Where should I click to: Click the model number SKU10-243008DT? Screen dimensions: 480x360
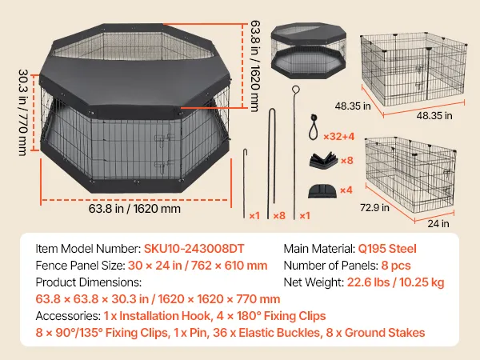pos(194,249)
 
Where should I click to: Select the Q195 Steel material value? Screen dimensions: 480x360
pos(387,249)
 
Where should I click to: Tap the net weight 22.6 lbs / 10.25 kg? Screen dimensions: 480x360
pos(395,282)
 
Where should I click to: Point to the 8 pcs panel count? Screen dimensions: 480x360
pos(396,266)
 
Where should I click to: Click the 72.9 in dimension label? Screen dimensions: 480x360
pos(374,207)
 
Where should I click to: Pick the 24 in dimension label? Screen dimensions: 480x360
pos(438,223)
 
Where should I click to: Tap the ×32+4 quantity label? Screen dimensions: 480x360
pos(339,136)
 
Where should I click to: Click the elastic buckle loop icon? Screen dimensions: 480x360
pos(313,127)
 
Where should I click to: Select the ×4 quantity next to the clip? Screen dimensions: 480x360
pos(346,190)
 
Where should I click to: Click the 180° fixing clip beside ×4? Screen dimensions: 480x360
pos(322,190)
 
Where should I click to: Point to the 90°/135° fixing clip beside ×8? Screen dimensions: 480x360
pos(323,159)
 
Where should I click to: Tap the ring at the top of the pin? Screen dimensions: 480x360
pos(296,90)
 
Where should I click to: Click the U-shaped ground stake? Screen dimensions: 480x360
pos(271,163)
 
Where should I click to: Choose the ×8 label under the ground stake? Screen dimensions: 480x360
pos(279,216)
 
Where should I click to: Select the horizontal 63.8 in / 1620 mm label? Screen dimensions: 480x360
pos(134,209)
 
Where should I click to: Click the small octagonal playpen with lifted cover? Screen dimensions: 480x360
pos(309,50)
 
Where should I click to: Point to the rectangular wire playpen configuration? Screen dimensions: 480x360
pos(410,174)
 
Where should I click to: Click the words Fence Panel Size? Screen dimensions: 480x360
pos(79,266)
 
